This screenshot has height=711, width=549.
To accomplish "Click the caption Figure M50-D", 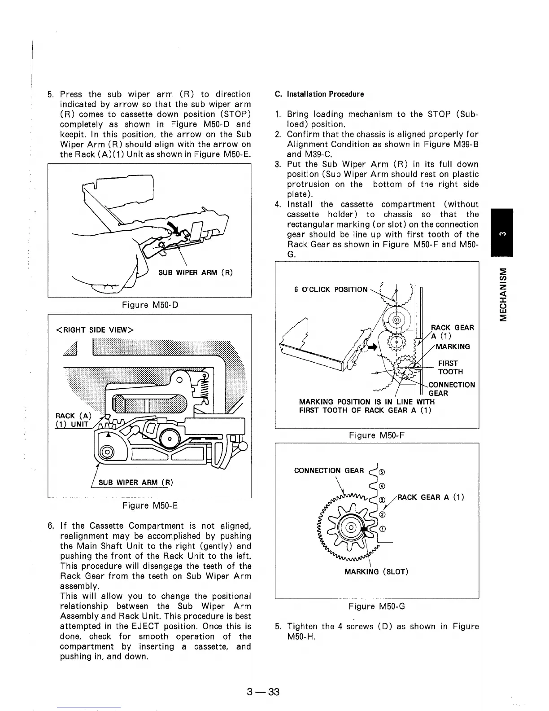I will [x=150, y=305].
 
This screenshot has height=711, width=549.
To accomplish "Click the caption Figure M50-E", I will [x=150, y=506].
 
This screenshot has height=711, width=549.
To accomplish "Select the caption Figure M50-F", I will [x=377, y=435].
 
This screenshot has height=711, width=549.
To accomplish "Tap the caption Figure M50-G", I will [x=377, y=606].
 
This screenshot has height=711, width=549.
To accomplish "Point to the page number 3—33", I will [x=263, y=692].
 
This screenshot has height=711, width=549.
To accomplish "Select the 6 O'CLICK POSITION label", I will [x=331, y=290].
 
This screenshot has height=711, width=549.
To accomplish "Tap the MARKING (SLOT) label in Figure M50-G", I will [x=376, y=571].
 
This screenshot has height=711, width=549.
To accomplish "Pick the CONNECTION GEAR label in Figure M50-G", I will [x=329, y=470].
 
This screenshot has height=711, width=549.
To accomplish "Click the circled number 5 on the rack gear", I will [x=381, y=472].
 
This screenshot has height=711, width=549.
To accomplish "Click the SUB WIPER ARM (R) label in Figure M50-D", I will [x=196, y=273].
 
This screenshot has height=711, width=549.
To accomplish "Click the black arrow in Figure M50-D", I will [x=173, y=228].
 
